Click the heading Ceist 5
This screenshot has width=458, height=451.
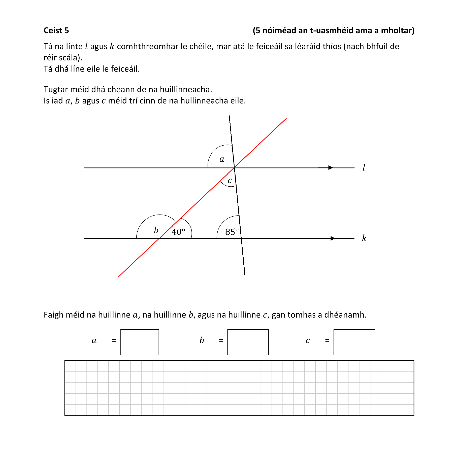coord(56,30)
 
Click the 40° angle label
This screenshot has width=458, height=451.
coord(178,232)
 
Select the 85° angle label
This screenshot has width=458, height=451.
coord(232,232)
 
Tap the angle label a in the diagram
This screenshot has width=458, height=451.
coord(222,159)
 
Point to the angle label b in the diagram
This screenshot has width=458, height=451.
coord(156,230)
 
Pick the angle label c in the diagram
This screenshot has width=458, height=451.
coord(230,180)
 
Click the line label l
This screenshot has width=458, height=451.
coord(364,167)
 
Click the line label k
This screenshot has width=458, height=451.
coord(364,238)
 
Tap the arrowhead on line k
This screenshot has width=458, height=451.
coord(333,238)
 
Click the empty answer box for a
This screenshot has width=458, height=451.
coord(140,342)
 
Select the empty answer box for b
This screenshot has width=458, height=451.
coord(248,342)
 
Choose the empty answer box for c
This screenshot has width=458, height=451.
coord(354,342)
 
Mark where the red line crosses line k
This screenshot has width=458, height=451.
coord(159,238)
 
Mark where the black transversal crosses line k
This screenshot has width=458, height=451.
coord(241,238)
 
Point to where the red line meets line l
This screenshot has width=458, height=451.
coord(235,168)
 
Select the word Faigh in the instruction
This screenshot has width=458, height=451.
coord(53,315)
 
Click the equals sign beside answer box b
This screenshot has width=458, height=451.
coord(221,340)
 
